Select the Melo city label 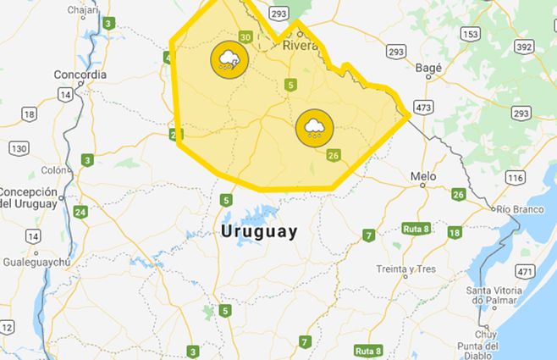point(422,177)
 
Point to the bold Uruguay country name point(258,231)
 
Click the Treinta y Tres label point(405,269)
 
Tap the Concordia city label point(80,75)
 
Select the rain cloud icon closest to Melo point(314,129)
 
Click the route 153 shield point(471,34)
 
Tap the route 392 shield point(525,47)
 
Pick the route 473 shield point(424,107)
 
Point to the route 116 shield point(515,178)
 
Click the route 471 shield point(525,271)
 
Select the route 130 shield point(19,148)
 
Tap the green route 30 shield point(245,36)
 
